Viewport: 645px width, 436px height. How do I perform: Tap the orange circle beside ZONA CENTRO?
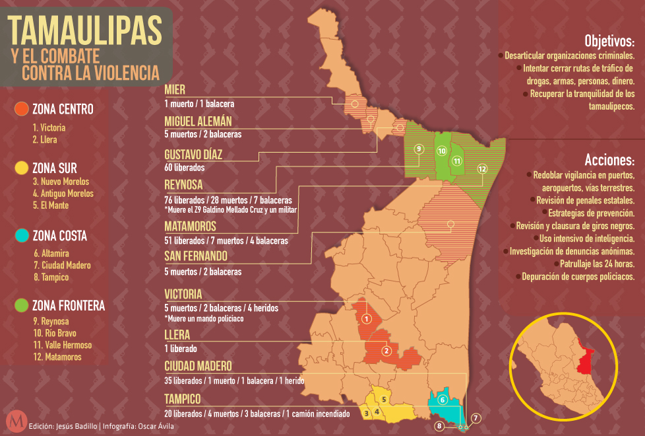(x=21, y=109)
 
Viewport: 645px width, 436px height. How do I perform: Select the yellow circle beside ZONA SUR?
(x=21, y=167)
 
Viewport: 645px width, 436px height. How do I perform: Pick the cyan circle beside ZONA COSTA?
(x=21, y=236)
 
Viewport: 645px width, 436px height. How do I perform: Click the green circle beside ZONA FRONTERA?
(x=21, y=305)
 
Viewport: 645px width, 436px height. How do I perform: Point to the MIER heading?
(x=175, y=90)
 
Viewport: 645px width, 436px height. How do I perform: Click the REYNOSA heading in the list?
(x=183, y=184)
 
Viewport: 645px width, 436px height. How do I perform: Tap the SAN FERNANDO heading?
(x=196, y=256)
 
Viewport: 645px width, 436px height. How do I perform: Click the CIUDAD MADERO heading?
(x=198, y=366)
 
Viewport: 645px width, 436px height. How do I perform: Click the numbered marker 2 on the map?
(x=387, y=351)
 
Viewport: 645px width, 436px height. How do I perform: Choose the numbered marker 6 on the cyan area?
(x=443, y=400)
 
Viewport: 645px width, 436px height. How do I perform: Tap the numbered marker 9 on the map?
(x=417, y=149)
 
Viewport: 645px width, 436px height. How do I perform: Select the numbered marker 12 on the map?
(x=482, y=169)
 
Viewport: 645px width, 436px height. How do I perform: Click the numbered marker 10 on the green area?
(x=442, y=151)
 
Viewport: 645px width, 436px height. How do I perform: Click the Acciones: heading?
(x=609, y=161)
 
